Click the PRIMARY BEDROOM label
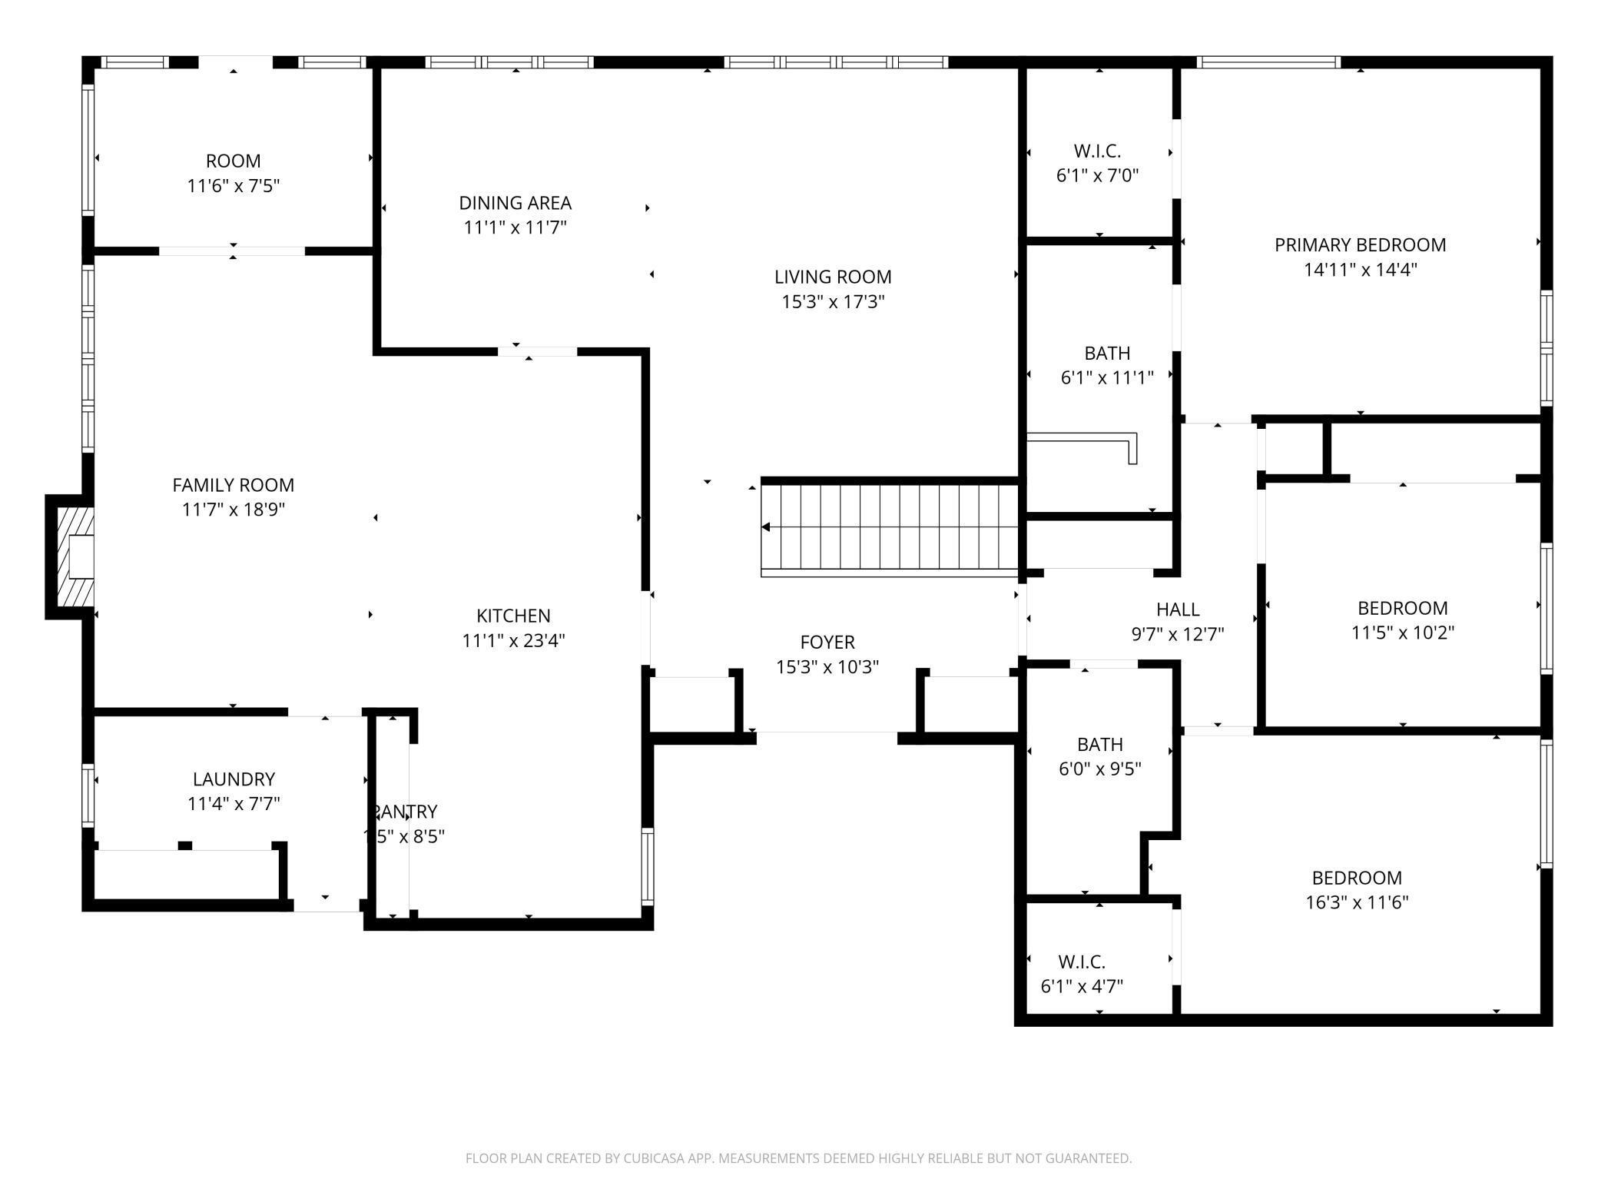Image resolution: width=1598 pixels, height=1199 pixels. [1360, 245]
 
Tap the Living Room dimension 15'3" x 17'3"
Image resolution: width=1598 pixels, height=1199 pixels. [833, 302]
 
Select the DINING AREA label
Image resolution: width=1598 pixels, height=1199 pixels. [515, 203]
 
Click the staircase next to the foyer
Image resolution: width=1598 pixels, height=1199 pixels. [889, 527]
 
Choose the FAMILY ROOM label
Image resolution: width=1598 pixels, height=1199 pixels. [233, 485]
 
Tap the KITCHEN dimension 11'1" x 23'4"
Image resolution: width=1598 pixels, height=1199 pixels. [513, 640]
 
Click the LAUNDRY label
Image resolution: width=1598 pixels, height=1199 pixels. [234, 779]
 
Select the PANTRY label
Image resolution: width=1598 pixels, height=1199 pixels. [405, 812]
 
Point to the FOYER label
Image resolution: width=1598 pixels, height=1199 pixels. [827, 642]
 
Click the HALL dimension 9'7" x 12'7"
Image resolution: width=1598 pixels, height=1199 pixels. [1177, 634]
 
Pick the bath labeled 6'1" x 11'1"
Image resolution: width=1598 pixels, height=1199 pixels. [1106, 365]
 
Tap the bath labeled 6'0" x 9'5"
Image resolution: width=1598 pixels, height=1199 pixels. [1099, 756]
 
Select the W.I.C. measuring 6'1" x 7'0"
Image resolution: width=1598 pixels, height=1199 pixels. [1097, 163]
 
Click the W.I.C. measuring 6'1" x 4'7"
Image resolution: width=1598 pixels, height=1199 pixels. [1082, 974]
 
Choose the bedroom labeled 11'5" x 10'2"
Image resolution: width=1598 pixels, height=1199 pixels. [1402, 619]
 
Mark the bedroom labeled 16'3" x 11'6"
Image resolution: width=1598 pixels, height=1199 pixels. [1357, 889]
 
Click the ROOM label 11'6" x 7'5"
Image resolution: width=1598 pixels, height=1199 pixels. [233, 173]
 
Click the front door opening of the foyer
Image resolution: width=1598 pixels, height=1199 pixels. [827, 737]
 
